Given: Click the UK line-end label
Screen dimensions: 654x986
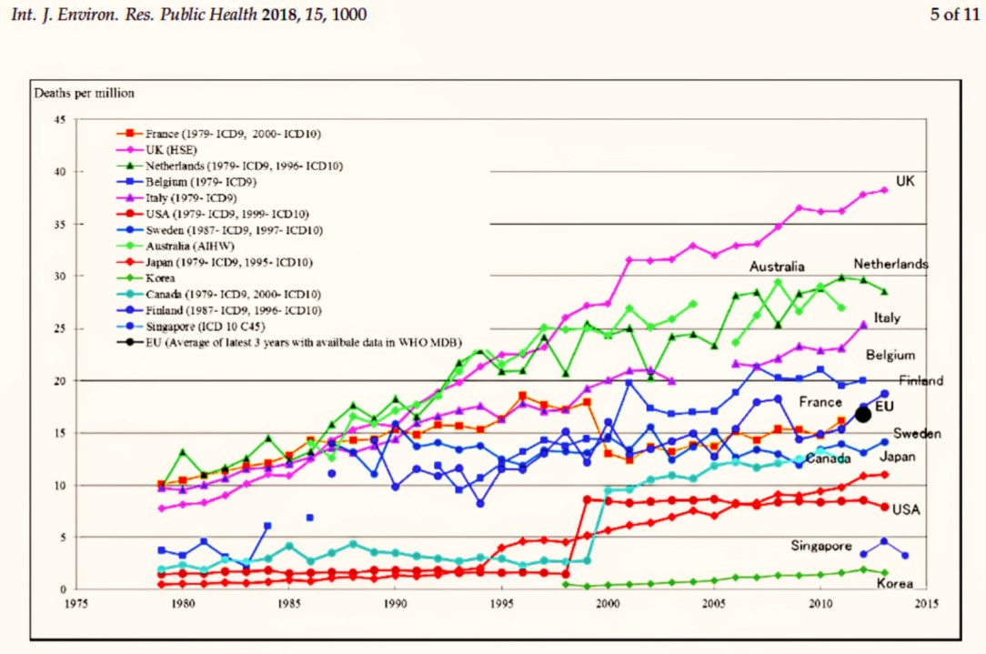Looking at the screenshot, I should point(904,182).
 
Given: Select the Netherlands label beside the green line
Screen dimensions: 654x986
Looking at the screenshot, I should point(890,264).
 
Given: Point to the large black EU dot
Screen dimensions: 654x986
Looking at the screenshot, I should point(863,415).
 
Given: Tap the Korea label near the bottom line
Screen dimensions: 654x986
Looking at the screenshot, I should point(894,584).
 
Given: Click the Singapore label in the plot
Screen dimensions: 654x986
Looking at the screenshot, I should point(821,546).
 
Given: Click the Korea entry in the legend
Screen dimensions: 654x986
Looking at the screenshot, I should point(160,277).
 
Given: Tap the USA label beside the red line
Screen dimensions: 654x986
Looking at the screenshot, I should point(906,509).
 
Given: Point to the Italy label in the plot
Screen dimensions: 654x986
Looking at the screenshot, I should point(887,318).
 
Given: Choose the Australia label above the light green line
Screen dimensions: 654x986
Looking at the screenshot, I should point(777,267).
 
